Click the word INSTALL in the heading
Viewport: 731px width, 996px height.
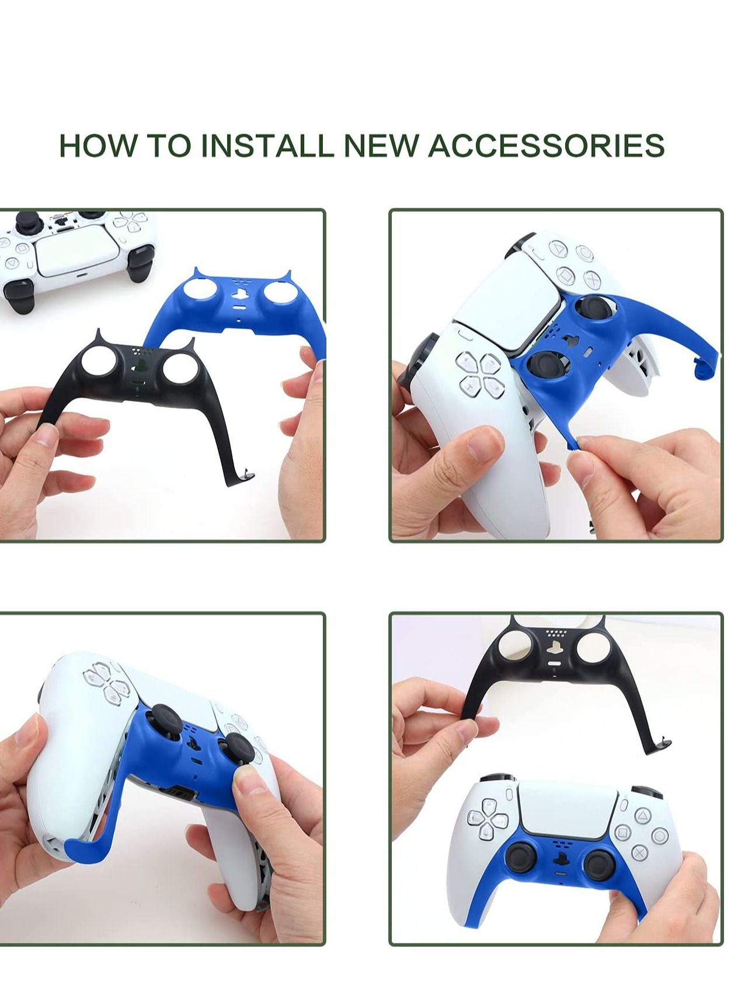click(267, 145)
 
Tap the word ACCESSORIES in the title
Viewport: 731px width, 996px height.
click(546, 145)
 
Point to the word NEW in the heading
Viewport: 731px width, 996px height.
click(381, 145)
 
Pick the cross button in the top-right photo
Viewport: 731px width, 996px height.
click(591, 279)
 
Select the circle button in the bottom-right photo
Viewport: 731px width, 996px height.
click(660, 836)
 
